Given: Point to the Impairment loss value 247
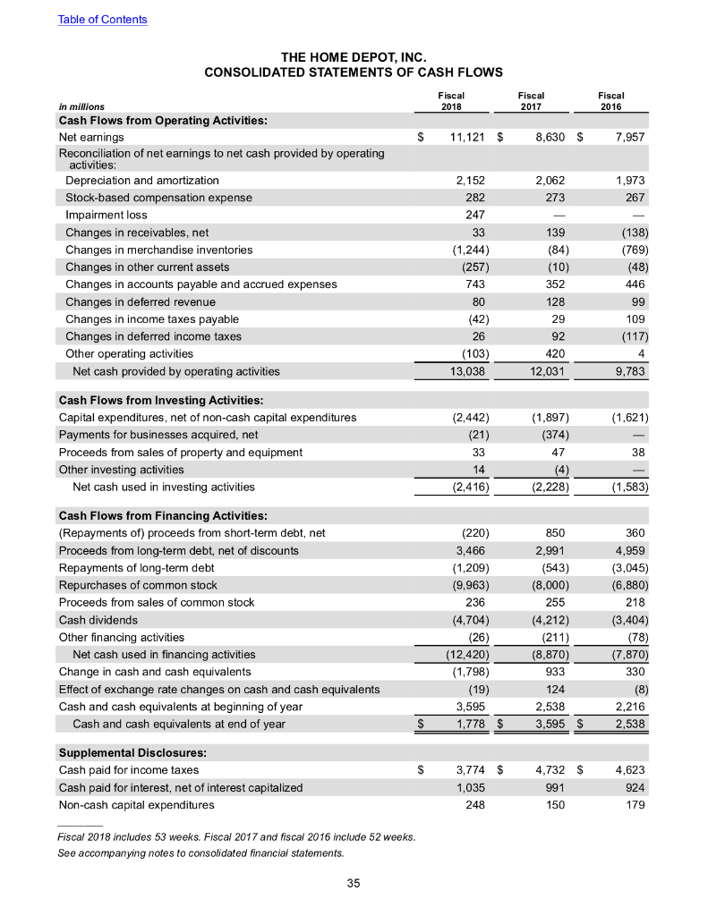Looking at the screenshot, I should coord(474,216).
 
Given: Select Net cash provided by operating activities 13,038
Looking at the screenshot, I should coord(465,371).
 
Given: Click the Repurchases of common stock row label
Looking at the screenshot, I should coord(138,585).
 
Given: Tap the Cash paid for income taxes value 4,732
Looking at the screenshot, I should coord(546,769).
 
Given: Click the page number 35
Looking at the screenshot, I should coord(353,884).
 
